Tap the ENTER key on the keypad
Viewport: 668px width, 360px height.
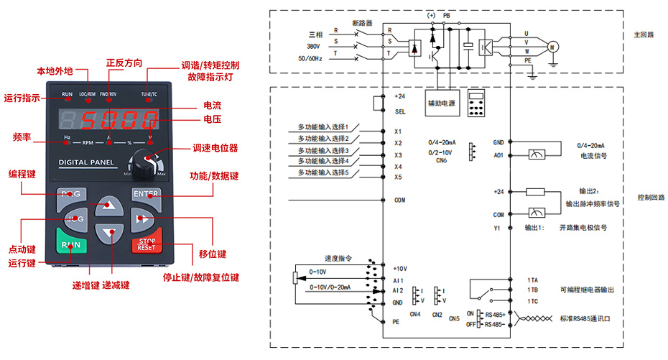[147, 194]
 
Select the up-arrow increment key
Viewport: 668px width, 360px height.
[109, 203]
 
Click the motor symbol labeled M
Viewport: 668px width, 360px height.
[552, 47]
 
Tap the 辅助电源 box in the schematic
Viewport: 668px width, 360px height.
[442, 102]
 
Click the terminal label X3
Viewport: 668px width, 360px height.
[398, 155]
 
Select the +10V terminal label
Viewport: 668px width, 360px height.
[400, 267]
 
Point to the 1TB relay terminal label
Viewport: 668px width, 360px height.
[532, 290]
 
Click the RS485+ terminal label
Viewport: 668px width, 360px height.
[496, 314]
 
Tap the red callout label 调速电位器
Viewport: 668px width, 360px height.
[215, 148]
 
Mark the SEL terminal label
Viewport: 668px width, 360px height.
[399, 111]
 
